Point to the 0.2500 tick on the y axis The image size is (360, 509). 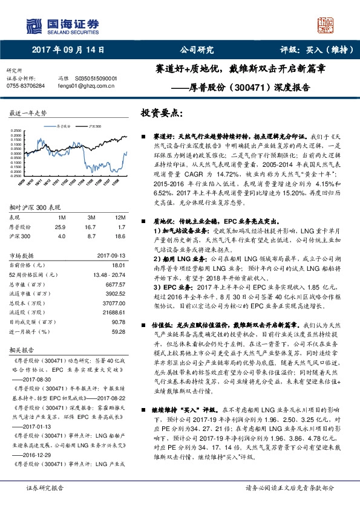point(17,130)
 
